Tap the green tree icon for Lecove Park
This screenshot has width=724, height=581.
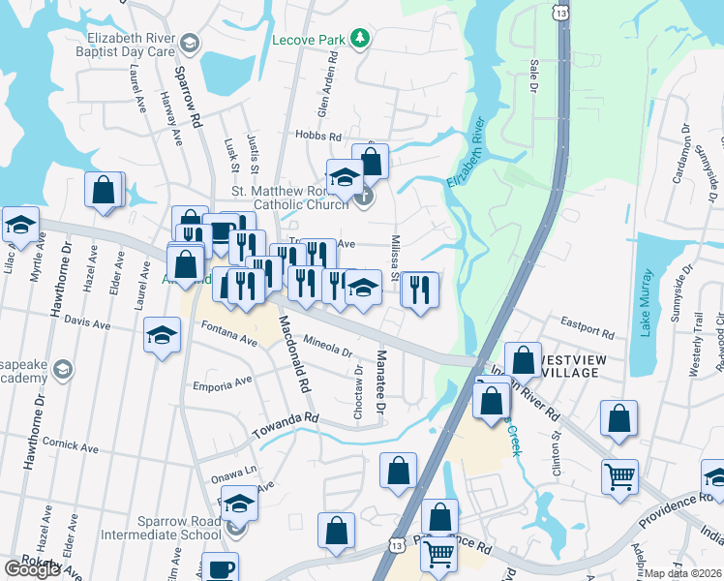(360, 38)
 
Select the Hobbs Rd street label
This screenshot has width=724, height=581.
(319, 138)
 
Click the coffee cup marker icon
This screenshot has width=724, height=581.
(222, 567)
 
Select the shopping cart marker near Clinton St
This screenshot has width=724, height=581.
(619, 475)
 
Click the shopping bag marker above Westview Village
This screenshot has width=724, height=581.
(523, 360)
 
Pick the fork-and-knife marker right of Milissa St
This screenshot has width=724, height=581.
(419, 290)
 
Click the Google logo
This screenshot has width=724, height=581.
(32, 569)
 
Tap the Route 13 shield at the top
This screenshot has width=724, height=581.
(561, 11)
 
